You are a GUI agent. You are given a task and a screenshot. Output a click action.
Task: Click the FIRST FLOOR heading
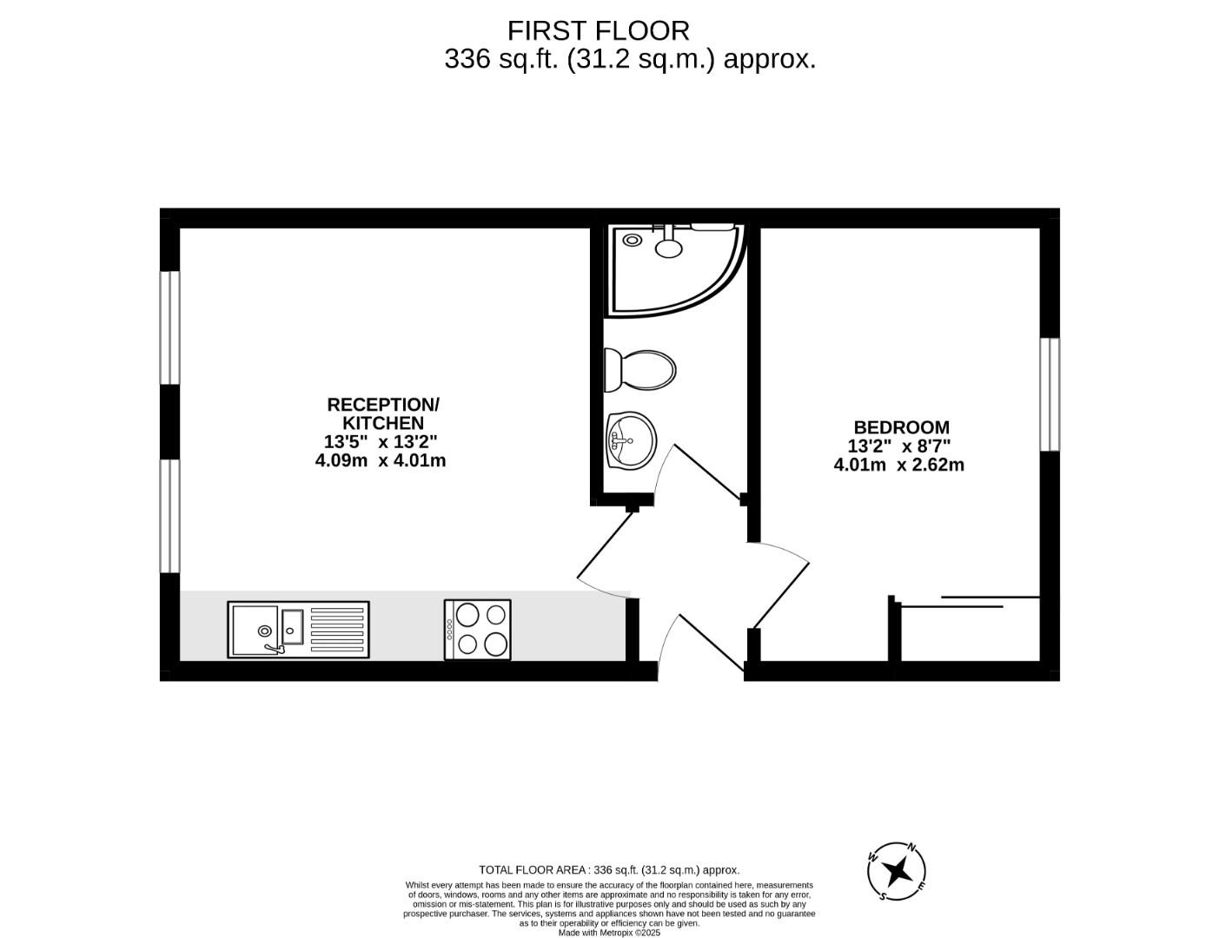598,30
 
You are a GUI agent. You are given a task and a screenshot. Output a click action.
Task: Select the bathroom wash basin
632,440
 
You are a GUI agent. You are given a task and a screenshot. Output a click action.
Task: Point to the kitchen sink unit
298,630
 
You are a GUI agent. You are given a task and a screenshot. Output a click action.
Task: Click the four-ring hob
477,629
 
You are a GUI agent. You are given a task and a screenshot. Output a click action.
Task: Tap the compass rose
897,870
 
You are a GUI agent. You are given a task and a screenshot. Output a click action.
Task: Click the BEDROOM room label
901,427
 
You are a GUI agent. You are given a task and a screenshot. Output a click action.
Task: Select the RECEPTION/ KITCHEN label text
382,413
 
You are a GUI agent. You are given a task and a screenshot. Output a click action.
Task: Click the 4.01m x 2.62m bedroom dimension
898,465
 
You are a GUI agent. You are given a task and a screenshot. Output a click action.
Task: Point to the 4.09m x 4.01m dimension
381,460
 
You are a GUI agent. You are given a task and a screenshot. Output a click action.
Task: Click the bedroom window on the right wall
1050,394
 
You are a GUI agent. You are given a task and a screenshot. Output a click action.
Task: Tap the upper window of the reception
169,327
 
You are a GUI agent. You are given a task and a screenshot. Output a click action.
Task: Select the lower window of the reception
169,516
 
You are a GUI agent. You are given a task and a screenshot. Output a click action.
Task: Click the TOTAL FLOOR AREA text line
609,869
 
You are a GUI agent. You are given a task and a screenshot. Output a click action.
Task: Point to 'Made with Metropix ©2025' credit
609,933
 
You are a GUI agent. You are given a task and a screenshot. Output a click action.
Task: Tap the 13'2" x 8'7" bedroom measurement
899,446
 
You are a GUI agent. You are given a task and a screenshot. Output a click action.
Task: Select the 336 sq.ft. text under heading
630,59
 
